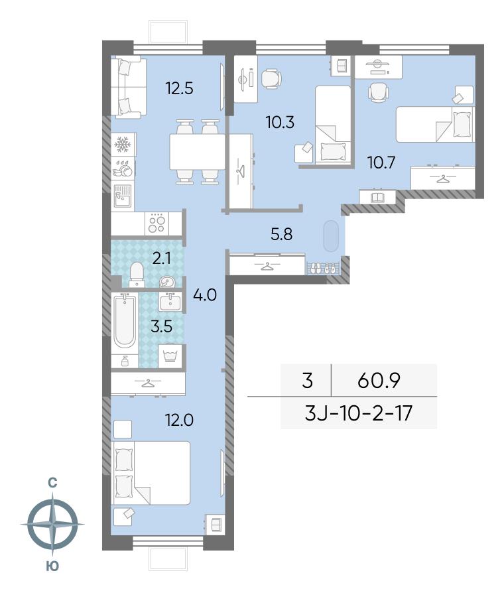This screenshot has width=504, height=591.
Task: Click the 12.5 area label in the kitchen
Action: pos(180,89)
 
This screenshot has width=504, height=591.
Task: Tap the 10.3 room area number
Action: pos(280,123)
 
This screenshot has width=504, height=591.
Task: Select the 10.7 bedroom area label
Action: pos(381,163)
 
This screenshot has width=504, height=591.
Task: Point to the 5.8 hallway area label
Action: pos(282,234)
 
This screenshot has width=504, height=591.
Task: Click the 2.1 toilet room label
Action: pos(161,259)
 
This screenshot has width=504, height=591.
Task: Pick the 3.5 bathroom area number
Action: pos(161,326)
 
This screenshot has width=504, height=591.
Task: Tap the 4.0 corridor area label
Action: pos(205,295)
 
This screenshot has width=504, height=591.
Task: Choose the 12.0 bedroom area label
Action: pos(180,419)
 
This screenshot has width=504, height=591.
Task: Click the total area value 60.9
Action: pos(379,381)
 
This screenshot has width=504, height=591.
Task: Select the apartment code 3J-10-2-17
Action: pos(359,413)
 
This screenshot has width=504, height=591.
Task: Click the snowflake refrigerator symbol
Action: pos(123,143)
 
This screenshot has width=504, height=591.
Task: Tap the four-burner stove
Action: pos(157,224)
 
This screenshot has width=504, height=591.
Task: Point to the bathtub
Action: pos(125,322)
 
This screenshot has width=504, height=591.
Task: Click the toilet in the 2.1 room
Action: pos(136,273)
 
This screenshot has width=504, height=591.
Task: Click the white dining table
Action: pos(197,152)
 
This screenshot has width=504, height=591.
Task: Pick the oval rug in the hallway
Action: pos(331,236)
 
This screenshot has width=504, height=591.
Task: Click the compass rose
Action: pos(53,524)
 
